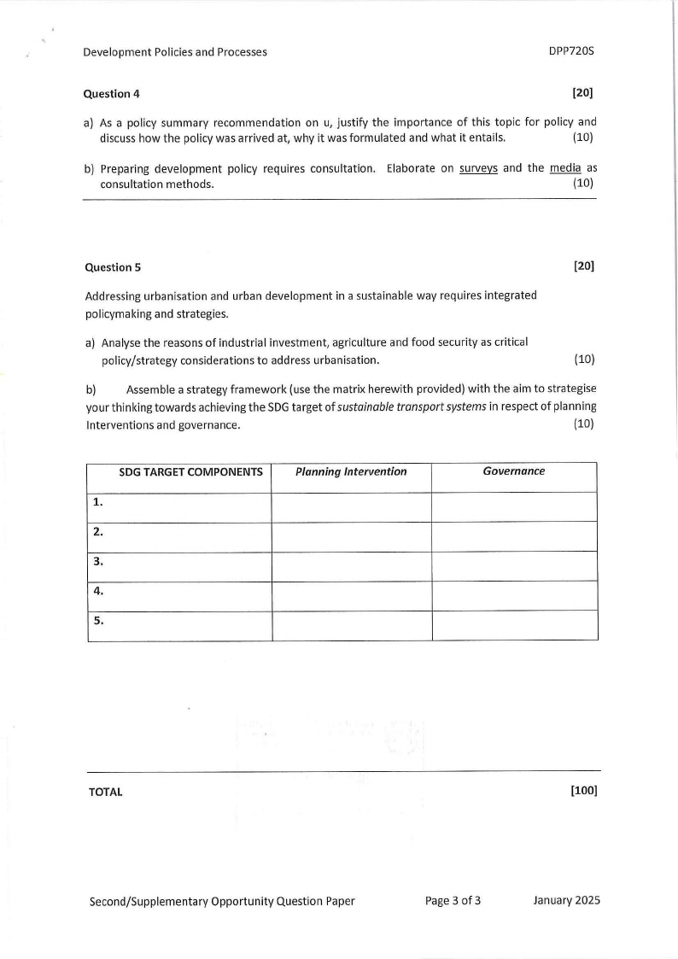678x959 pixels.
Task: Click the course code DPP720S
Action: (x=570, y=51)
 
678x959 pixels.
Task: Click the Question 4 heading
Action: (x=107, y=93)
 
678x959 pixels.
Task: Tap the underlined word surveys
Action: (x=478, y=167)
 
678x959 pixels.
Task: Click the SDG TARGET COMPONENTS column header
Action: (x=190, y=471)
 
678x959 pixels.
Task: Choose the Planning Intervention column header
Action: (x=351, y=471)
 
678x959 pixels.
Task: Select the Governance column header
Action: (x=513, y=471)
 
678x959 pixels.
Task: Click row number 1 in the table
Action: (x=97, y=502)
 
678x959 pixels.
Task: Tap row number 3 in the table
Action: (x=97, y=561)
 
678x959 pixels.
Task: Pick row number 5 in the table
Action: (x=97, y=621)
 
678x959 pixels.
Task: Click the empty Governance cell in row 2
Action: (x=514, y=536)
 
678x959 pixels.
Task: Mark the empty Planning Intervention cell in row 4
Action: (x=351, y=595)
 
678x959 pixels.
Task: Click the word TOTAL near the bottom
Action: (x=106, y=792)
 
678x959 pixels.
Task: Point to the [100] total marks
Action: (x=582, y=790)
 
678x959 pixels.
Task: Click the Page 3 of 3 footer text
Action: (x=453, y=900)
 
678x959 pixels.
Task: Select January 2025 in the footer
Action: (x=566, y=900)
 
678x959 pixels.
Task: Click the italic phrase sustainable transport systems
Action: (x=405, y=407)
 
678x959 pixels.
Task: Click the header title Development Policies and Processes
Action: (x=175, y=52)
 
